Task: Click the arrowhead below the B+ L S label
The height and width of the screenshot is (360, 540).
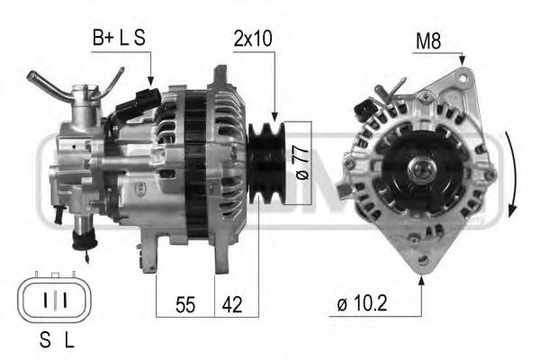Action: (151, 82)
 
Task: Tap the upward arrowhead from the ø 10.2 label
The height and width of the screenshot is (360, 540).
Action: (421, 282)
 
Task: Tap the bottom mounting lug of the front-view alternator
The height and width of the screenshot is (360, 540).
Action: (418, 264)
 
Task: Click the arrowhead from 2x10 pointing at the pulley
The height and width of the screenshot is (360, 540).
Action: (271, 114)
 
